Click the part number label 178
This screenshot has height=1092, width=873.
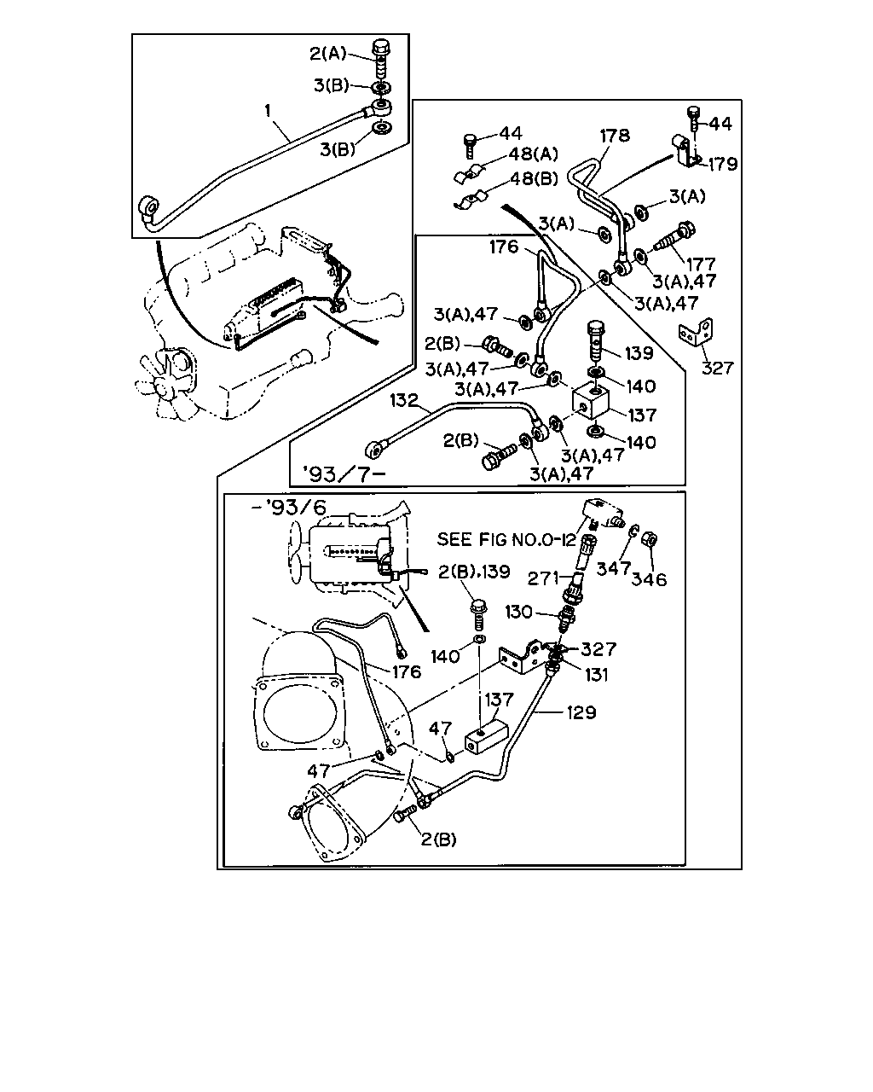coord(615,136)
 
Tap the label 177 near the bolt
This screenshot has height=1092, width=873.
coord(701,264)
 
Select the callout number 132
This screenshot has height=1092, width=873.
coord(404,401)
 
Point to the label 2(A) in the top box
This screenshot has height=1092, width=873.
coord(327,53)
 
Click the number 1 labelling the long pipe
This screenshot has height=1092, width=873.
coord(268,111)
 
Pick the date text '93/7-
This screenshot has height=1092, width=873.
coord(344,474)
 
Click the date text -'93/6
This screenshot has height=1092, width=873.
coord(289,508)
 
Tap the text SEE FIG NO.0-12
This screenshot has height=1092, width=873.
coord(506,539)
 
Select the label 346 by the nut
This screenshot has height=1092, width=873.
coord(649,579)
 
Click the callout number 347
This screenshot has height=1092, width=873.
coord(613,569)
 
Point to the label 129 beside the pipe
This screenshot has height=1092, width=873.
coord(581,712)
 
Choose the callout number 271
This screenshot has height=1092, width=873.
coord(543,578)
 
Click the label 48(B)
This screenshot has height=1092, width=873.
coord(534,178)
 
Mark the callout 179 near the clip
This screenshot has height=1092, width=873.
coord(722,164)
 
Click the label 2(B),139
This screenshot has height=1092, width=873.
coord(474,572)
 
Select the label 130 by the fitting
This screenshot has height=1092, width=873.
coord(518,612)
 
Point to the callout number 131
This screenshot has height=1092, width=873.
coord(596,674)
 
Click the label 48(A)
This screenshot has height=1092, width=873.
coord(534,154)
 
